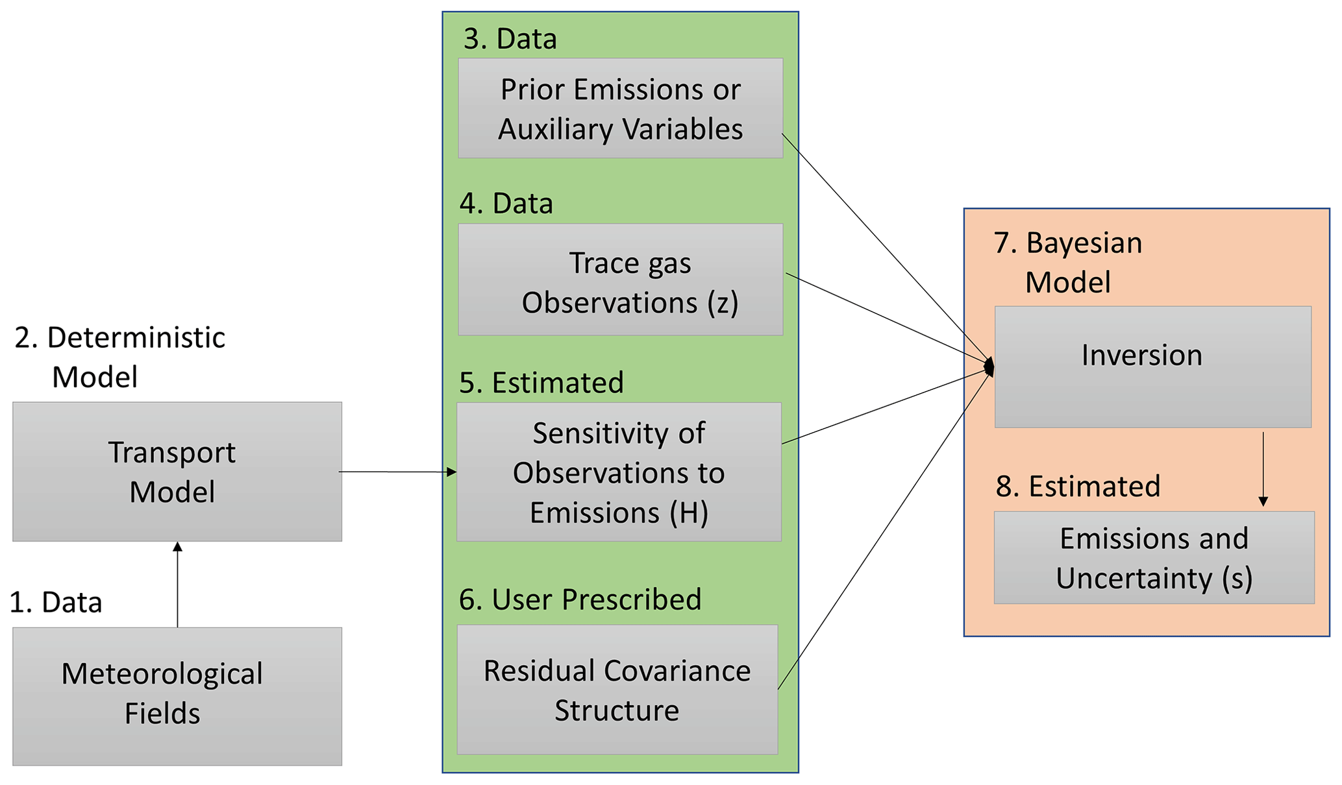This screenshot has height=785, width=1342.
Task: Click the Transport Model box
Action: point(177,472)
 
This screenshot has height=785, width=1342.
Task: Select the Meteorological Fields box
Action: point(177,695)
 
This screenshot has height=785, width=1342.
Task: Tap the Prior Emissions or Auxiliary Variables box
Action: point(620,108)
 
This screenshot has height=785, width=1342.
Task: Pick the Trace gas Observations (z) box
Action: point(620,280)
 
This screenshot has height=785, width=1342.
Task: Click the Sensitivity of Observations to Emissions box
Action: point(619,472)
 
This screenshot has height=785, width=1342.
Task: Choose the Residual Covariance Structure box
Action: point(617,689)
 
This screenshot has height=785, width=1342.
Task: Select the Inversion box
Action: point(1152,367)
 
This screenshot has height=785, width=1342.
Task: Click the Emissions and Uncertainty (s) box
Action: point(1154,557)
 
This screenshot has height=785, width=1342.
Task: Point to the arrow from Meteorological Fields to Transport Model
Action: point(177,584)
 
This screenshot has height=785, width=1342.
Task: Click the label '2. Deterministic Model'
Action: point(120,357)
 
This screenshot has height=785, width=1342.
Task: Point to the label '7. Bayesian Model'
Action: point(1069,262)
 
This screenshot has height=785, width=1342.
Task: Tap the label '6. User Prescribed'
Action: point(580,599)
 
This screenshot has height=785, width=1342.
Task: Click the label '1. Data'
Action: point(56,603)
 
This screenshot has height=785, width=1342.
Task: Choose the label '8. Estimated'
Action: point(1078,487)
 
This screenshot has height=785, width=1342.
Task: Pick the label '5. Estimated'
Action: point(541,383)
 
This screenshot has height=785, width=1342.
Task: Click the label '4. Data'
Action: point(506,204)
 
